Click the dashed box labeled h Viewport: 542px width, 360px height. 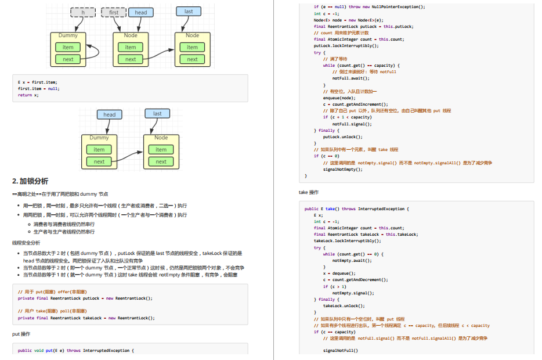[x=83, y=12]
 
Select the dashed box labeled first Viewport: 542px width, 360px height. [x=114, y=12]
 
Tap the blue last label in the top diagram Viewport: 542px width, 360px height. [x=189, y=12]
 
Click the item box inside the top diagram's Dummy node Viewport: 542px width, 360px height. [x=68, y=47]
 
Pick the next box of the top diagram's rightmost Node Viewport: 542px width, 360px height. [x=192, y=59]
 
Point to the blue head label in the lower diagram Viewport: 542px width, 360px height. [x=109, y=114]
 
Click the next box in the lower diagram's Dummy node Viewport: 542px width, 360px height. [x=99, y=161]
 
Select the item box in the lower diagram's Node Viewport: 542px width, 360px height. [x=161, y=149]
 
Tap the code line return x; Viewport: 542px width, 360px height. [x=28, y=95]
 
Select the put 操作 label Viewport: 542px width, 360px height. [x=21, y=334]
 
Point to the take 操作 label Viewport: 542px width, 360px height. [x=308, y=192]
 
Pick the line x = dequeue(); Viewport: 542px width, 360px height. [x=339, y=273]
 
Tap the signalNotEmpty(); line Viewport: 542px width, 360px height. [x=342, y=169]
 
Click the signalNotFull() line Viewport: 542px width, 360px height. [x=341, y=350]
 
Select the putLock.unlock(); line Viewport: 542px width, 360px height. [x=342, y=137]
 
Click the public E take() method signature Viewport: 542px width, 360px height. [x=357, y=208]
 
